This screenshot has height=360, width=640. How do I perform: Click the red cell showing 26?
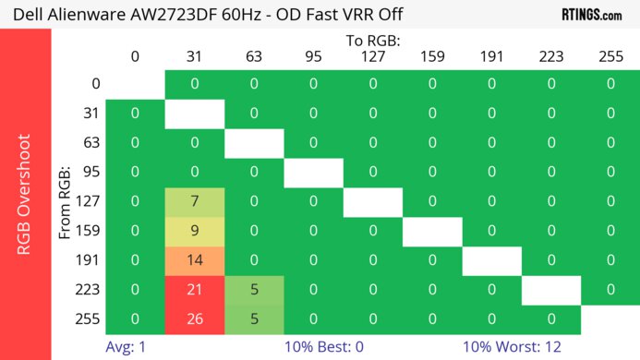pyautogui.click(x=195, y=319)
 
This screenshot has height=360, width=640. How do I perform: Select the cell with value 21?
pyautogui.click(x=195, y=290)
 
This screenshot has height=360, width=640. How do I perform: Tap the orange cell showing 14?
pyautogui.click(x=195, y=260)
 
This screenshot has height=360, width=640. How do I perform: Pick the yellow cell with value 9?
pyautogui.click(x=195, y=231)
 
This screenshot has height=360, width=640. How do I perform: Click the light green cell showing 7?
pyautogui.click(x=195, y=201)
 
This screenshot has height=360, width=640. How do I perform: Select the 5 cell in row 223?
pyautogui.click(x=254, y=290)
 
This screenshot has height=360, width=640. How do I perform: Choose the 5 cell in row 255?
pyautogui.click(x=254, y=319)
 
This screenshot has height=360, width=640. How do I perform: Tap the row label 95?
pyautogui.click(x=90, y=172)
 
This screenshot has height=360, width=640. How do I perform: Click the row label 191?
pyautogui.click(x=90, y=260)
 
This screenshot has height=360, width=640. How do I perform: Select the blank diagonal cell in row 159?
pyautogui.click(x=431, y=231)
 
